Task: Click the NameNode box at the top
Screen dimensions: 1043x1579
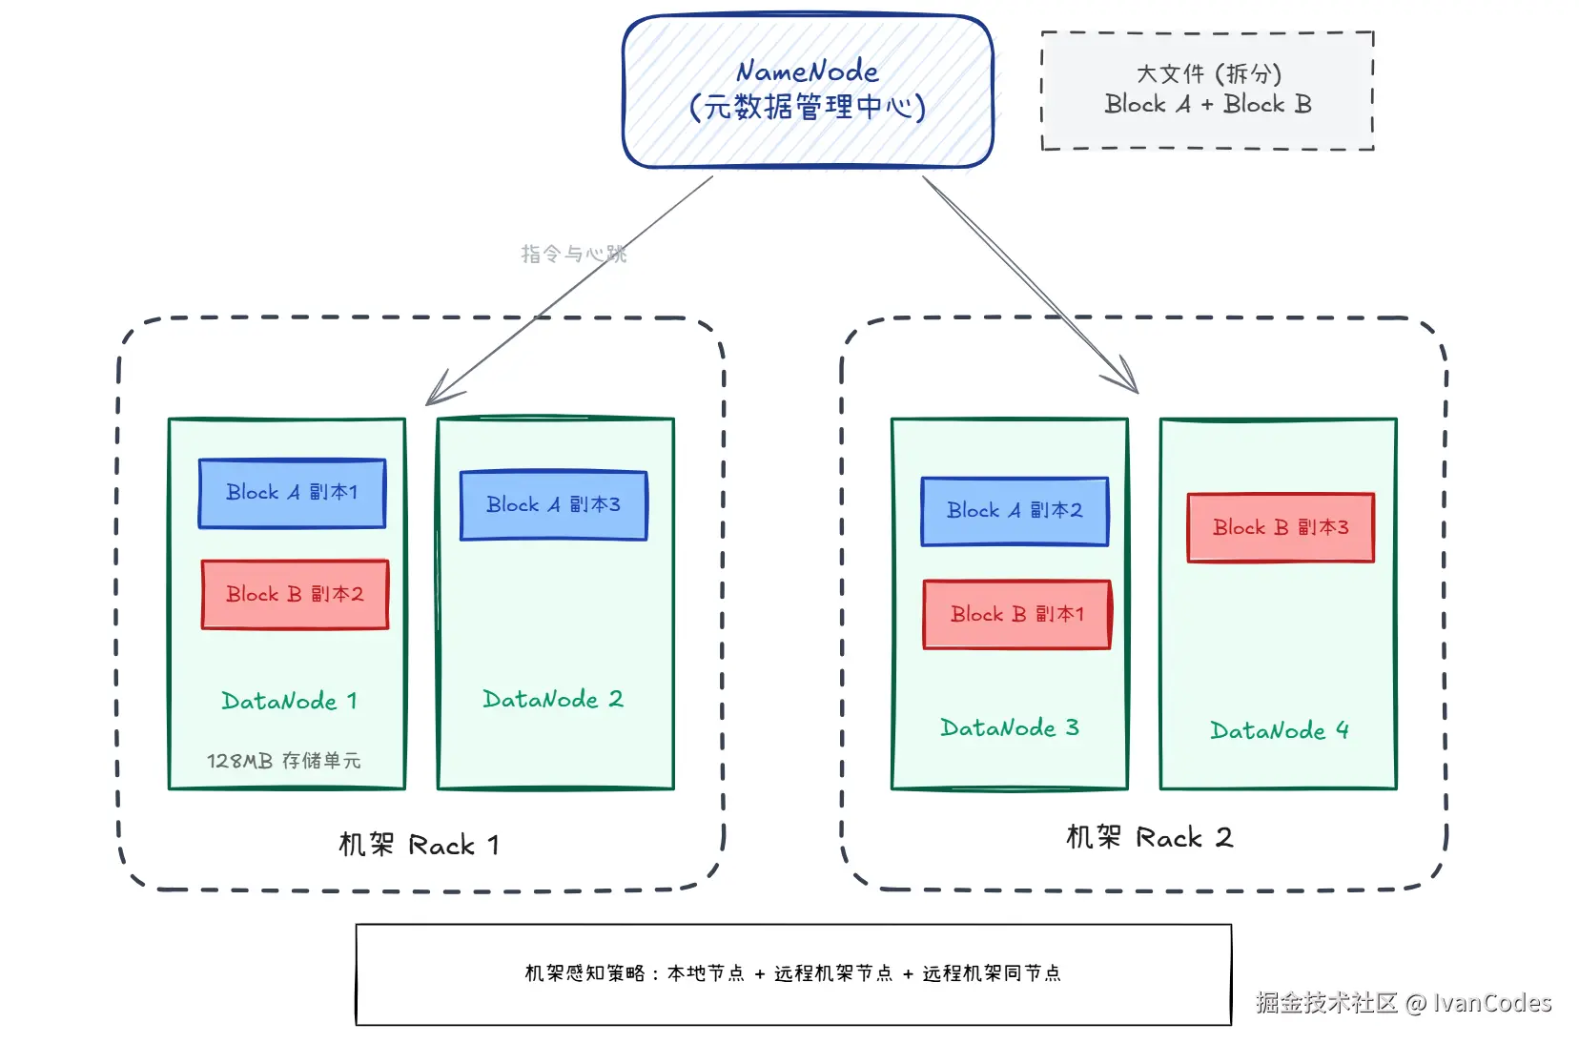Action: tap(808, 91)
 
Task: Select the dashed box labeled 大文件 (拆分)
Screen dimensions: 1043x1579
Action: tap(1207, 90)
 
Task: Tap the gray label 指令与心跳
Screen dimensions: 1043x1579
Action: tap(573, 254)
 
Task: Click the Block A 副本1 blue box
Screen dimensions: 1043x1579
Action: tap(292, 493)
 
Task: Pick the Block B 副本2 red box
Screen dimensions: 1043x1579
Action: tap(295, 594)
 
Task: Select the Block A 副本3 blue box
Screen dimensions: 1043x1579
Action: tap(553, 505)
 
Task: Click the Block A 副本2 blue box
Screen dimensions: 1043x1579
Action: tap(1015, 511)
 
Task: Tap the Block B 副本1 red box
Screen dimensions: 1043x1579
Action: tap(1016, 614)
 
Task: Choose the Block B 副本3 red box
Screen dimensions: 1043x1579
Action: tap(1281, 527)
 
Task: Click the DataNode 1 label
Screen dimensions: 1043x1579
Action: tap(289, 702)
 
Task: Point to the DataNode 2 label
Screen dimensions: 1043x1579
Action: tap(553, 700)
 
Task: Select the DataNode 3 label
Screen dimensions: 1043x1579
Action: tap(1009, 728)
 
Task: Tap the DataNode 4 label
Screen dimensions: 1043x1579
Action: tap(1279, 731)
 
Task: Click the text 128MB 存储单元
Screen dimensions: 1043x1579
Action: tap(283, 761)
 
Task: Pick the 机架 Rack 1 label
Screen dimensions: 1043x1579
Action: tap(419, 845)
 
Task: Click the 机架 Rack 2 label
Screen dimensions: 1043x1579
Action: tap(1149, 838)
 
